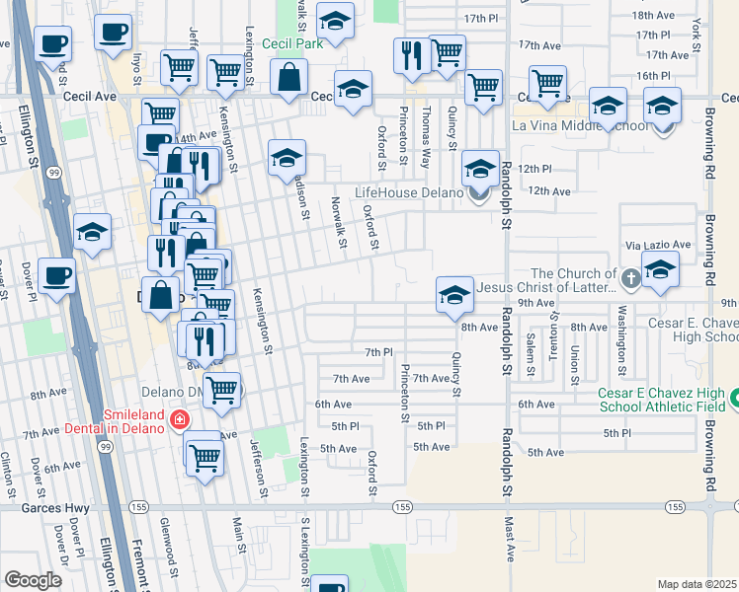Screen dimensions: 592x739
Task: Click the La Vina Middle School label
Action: click(581, 125)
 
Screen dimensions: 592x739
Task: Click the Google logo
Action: click(32, 580)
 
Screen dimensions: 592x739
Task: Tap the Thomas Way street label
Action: click(427, 128)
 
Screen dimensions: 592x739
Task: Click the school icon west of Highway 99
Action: click(92, 234)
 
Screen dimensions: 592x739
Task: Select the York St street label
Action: click(698, 35)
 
